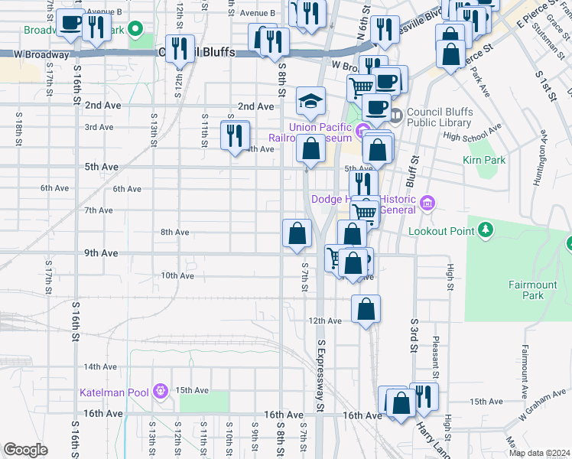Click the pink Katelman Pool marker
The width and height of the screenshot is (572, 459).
[160, 392]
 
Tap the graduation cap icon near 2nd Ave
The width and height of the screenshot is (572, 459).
[310, 101]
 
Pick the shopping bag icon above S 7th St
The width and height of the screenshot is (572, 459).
[297, 233]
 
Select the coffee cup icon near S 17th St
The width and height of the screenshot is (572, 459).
[71, 24]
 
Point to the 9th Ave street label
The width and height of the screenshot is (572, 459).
[101, 253]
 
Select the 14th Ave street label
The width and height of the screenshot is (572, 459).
[100, 367]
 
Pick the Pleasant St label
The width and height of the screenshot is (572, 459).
[435, 349]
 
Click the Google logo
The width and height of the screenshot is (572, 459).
[25, 450]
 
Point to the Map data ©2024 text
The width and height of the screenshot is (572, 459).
[538, 453]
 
